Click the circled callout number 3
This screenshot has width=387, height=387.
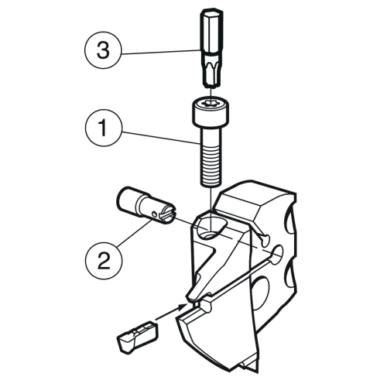[x=103, y=50]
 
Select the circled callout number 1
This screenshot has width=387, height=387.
[x=103, y=128]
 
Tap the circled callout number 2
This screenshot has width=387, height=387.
[x=104, y=261]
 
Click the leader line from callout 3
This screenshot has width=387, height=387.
[x=161, y=52]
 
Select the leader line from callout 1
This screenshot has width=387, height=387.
[x=161, y=137]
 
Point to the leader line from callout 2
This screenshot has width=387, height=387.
[x=135, y=233]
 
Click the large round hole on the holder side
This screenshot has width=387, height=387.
[x=259, y=292]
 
